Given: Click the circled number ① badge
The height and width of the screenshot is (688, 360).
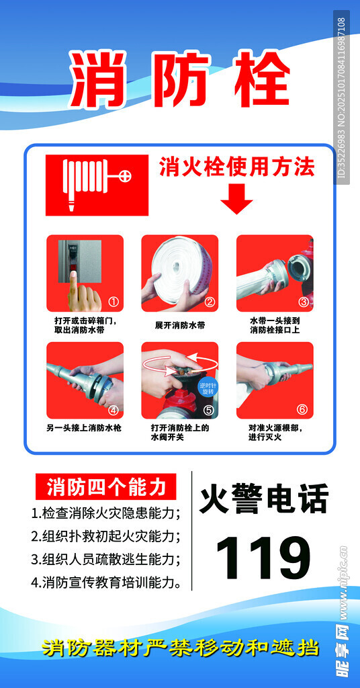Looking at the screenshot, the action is pos(113,302).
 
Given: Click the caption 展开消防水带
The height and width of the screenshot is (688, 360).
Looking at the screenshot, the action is pos(180,326).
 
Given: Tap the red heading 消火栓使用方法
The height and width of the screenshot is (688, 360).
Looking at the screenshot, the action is pos(237,167).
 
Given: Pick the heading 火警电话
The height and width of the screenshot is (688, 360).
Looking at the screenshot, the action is pos(264,499).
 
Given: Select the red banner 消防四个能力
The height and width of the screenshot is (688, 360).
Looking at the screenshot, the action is pos(105,486).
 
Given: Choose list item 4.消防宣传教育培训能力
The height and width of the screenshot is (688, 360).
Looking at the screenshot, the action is pos(105,583).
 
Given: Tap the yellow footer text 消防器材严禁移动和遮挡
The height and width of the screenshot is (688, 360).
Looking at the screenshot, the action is pos(180,648).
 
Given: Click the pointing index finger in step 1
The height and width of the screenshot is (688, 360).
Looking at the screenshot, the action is pos(75,285).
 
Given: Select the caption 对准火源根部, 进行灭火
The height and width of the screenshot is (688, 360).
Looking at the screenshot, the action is pos(275,432).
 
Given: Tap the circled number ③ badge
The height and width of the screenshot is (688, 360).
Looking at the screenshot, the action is pos(304,302).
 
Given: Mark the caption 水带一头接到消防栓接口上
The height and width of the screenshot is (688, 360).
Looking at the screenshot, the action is pos(275,325).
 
